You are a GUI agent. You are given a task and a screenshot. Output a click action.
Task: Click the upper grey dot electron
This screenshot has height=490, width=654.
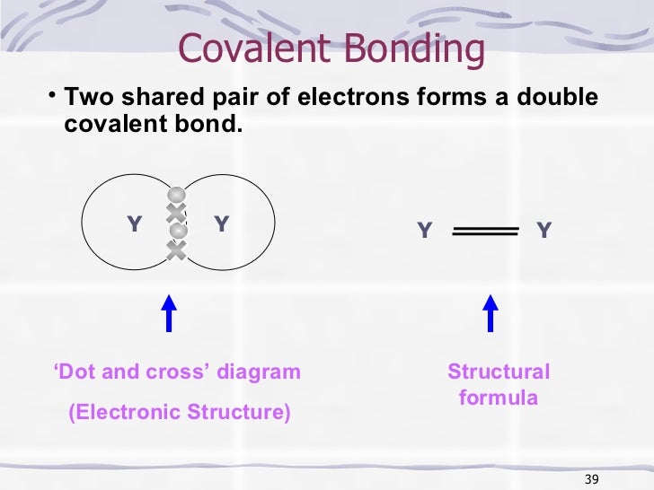tap(177, 195)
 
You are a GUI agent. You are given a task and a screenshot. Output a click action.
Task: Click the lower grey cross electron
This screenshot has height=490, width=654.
tap(177, 250)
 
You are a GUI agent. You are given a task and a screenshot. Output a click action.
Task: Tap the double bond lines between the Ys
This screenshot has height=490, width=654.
tap(486, 232)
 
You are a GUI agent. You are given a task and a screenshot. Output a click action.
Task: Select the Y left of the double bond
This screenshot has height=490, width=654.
tap(424, 232)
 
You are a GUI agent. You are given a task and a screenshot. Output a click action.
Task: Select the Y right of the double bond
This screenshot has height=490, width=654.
tap(544, 232)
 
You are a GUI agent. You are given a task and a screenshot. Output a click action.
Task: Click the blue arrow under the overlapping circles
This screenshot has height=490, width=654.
tap(168, 315)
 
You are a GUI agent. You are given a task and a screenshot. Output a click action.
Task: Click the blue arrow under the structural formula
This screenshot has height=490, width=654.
tap(490, 315)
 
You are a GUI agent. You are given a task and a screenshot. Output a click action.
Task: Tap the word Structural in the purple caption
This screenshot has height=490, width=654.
tap(499, 372)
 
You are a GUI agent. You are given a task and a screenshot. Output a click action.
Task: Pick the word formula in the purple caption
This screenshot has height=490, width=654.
tap(499, 397)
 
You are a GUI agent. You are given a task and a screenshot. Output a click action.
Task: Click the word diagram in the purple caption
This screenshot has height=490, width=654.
tap(256, 372)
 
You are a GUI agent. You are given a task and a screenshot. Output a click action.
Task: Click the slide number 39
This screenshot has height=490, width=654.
tap(590, 476)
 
